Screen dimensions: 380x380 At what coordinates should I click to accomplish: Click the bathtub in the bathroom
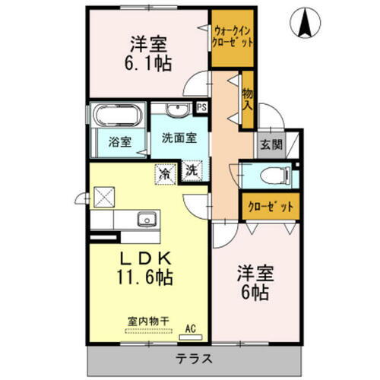point(117,117)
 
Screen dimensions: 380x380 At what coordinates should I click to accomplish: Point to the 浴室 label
point(119,141)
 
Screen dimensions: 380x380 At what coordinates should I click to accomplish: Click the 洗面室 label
point(179,139)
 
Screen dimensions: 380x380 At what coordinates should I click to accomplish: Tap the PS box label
point(201,108)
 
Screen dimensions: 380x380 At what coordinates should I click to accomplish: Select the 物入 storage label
point(247,98)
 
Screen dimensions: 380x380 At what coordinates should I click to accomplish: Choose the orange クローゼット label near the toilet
point(268,205)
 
